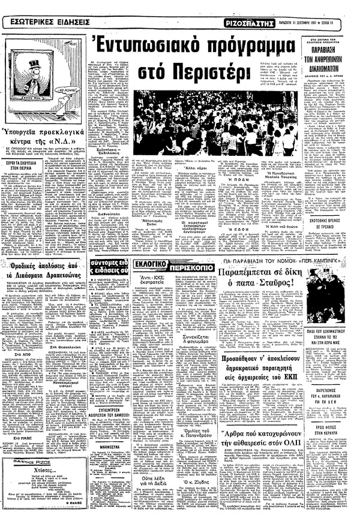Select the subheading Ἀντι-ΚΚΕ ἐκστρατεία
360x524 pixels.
click(161, 280)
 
